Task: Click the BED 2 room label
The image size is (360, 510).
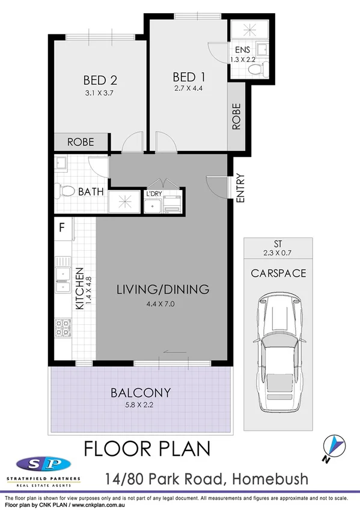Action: [x=99, y=79]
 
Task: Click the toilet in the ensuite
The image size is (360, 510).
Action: [x=256, y=70]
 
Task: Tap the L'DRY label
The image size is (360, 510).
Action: [x=153, y=194]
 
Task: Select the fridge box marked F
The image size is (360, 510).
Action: [x=61, y=227]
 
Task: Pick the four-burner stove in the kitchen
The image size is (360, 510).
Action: [x=63, y=328]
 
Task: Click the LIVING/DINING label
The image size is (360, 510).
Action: [x=162, y=289]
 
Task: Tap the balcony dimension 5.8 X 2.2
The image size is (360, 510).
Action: [x=141, y=404]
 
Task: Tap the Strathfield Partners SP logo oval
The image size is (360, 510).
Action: [x=43, y=464]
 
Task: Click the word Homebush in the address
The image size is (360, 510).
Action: [x=276, y=479]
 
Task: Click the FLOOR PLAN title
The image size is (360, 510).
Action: [x=147, y=449]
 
